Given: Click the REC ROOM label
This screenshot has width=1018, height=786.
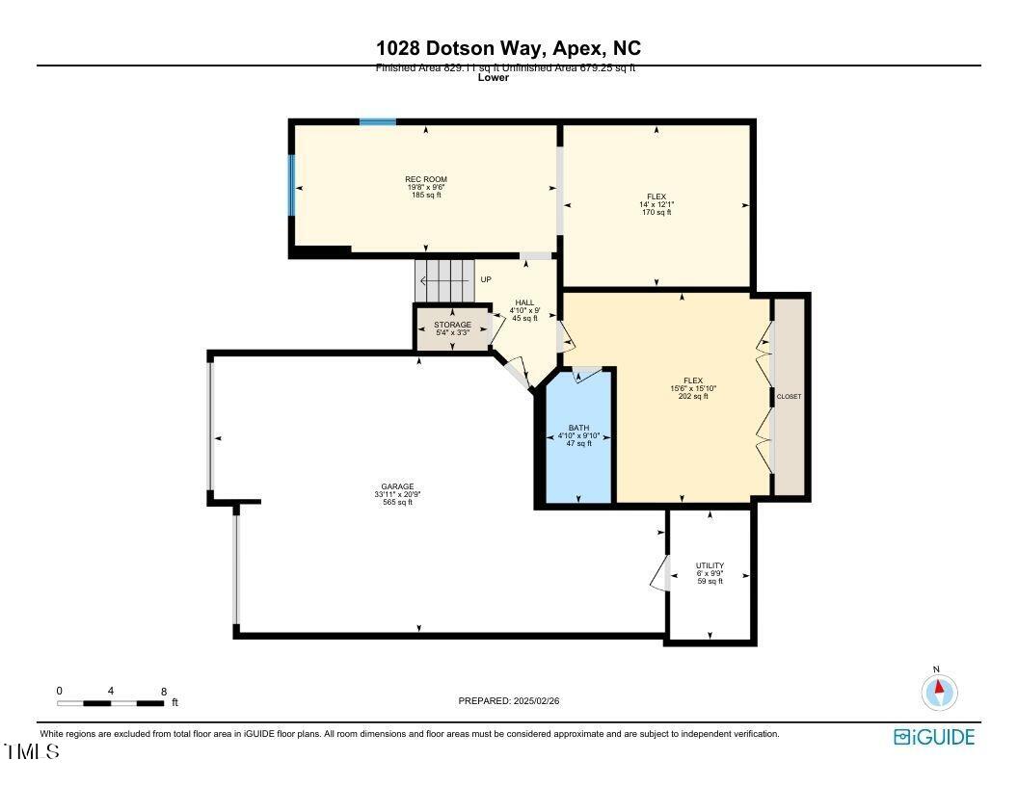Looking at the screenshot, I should [x=425, y=180].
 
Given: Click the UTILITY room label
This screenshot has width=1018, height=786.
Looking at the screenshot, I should [x=710, y=566].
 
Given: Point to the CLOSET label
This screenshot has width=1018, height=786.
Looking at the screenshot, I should [x=790, y=397].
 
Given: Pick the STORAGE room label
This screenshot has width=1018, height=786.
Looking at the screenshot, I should [x=451, y=326].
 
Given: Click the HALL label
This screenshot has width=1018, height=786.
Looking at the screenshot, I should [x=524, y=302].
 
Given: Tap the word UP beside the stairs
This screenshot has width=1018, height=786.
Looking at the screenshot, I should [x=486, y=280].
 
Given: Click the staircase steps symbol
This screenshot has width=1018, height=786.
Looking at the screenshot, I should [x=445, y=280].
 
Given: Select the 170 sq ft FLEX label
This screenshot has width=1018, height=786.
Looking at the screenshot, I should [x=656, y=197].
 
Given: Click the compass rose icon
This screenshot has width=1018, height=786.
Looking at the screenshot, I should [x=939, y=691].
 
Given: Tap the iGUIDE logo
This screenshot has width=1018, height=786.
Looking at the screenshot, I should [x=934, y=738].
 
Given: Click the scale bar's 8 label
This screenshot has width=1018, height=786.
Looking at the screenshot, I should [x=164, y=692].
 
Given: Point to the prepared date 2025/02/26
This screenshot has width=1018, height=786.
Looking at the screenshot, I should [x=508, y=701].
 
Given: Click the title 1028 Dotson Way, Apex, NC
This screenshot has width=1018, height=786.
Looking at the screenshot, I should [x=508, y=48].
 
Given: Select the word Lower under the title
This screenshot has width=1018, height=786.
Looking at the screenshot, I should [x=493, y=78].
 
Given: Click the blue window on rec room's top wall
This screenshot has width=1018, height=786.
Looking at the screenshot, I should [x=378, y=122].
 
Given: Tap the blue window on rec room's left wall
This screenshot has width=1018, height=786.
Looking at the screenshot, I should [x=291, y=184].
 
